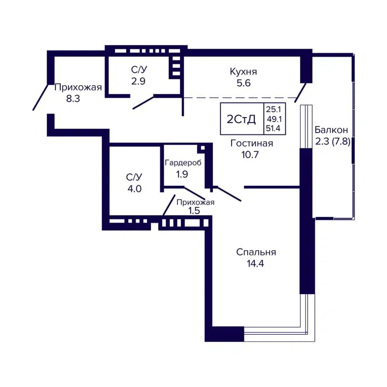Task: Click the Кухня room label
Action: coord(243,72)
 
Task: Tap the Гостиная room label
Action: coord(252,143)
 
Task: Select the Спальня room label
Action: coord(256,252)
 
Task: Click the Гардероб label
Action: coord(182,163)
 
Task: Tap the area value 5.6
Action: coord(243,83)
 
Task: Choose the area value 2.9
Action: coord(138,81)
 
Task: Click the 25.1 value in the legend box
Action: coord(273,110)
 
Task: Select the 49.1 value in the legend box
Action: coord(273,119)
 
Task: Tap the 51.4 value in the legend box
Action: coord(273,128)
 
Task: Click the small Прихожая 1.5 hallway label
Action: coord(194,203)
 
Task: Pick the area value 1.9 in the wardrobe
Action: coord(182,174)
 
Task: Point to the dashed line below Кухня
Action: coord(242,98)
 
